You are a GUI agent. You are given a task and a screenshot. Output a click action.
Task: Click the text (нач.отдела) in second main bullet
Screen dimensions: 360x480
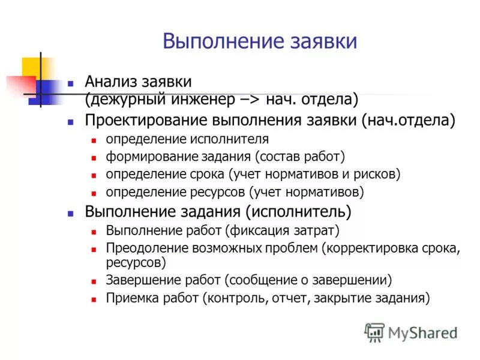pos(409,120)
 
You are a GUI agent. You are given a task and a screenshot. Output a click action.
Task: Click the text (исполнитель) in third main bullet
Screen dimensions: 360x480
pos(298,212)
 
